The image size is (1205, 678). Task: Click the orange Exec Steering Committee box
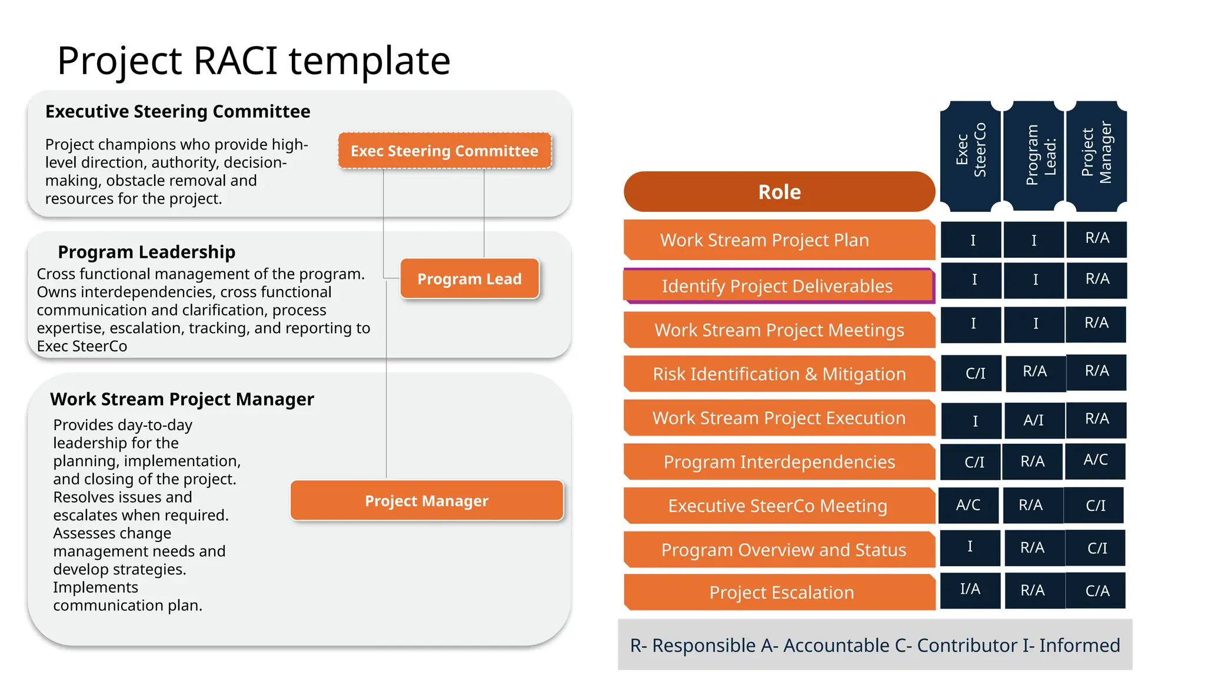coord(445,151)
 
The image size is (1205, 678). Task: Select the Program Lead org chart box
coord(470,279)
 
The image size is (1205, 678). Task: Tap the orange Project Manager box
coord(427,501)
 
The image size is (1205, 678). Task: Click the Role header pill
coord(779,192)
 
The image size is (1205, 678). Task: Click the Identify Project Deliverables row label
coord(778,286)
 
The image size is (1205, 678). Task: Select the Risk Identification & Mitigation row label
coord(779,374)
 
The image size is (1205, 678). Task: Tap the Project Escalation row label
coord(781,592)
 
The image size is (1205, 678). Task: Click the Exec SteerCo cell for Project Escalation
coord(970,590)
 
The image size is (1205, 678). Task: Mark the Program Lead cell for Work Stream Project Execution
coord(1034,420)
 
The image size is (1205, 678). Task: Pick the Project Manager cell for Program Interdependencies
coord(1096,460)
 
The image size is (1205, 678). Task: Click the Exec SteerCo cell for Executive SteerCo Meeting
coord(968,505)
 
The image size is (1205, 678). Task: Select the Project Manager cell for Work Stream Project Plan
coord(1097,239)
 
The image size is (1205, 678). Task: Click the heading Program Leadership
coord(147,252)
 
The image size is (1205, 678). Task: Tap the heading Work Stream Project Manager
coord(182,399)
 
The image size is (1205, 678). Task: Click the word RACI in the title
coord(235,61)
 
